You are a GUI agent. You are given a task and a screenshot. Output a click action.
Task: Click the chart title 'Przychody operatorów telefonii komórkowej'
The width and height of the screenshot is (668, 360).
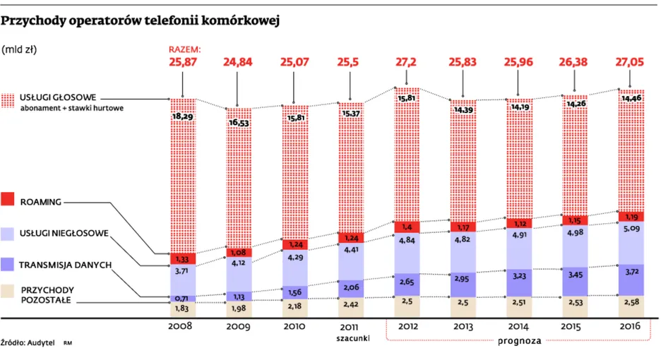tap(141, 20)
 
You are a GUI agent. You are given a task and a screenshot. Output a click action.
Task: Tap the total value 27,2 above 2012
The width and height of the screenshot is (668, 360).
tap(406, 62)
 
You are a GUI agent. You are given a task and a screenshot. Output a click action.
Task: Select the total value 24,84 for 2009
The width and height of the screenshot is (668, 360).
tap(239, 62)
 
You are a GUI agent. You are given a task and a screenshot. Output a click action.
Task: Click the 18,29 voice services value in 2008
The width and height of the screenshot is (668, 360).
tap(182, 116)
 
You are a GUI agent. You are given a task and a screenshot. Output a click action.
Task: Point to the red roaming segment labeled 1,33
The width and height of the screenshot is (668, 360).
tap(182, 258)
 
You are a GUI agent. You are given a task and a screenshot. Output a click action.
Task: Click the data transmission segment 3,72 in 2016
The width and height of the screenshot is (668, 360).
tap(631, 271)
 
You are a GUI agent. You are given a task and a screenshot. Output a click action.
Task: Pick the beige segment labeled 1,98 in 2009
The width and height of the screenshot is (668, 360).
tap(239, 308)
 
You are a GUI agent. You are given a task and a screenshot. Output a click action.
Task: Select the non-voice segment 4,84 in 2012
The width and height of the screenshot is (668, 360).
tap(406, 241)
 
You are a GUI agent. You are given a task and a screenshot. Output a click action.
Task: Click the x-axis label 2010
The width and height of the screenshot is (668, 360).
tap(294, 327)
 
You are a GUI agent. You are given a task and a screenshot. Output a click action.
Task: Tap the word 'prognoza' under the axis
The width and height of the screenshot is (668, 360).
tap(518, 340)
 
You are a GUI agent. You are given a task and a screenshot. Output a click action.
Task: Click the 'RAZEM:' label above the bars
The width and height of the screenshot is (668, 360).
tap(184, 49)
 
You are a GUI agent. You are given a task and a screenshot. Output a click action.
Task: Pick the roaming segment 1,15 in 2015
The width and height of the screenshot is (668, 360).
tap(575, 221)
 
